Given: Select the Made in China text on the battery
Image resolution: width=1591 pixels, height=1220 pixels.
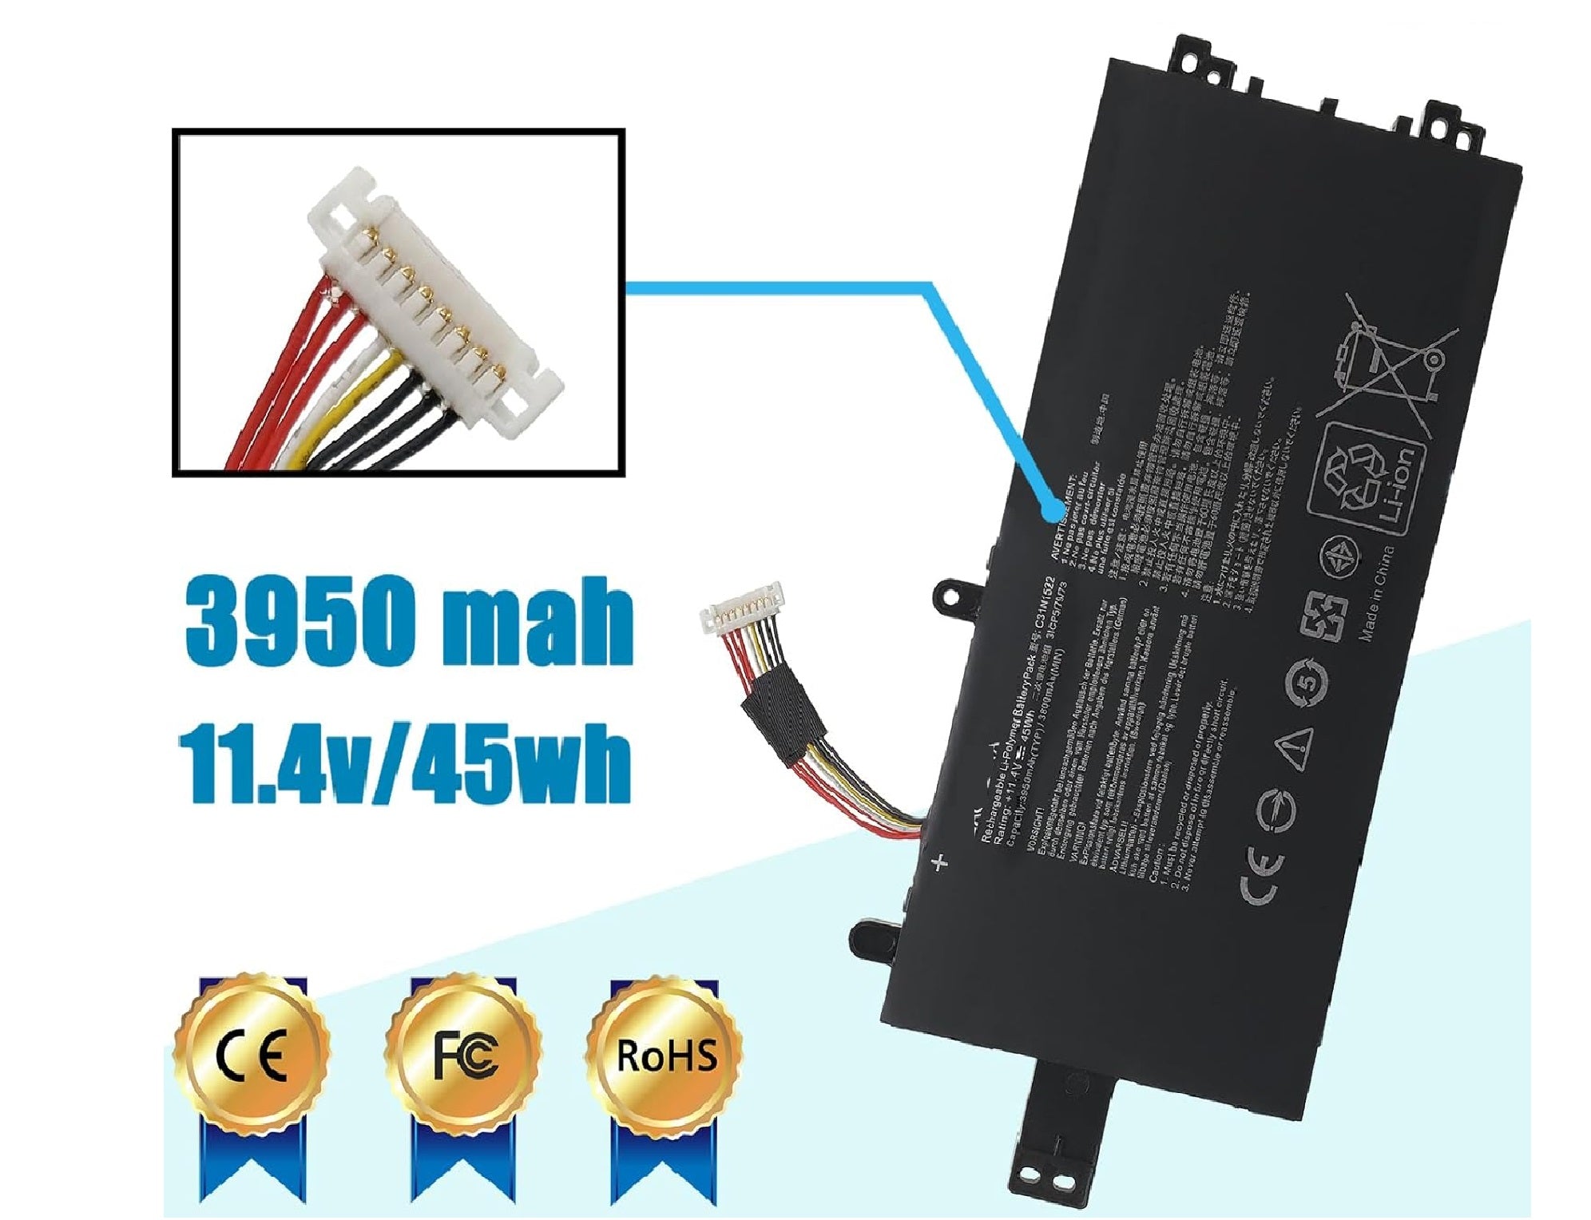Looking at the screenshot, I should pyautogui.click(x=1375, y=595).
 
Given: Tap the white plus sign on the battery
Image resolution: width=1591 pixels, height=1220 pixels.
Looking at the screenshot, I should pyautogui.click(x=940, y=862).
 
